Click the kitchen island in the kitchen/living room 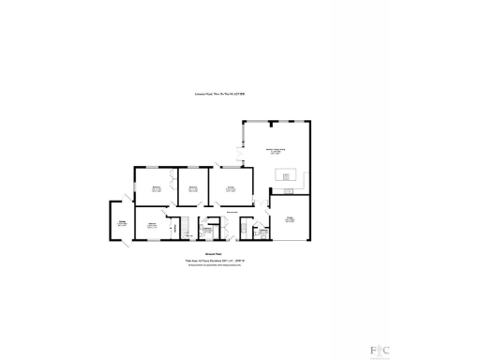point(286,174)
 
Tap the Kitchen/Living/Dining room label point(278,151)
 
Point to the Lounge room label point(229,188)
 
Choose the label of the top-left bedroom point(157,188)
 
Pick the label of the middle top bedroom point(192,188)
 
